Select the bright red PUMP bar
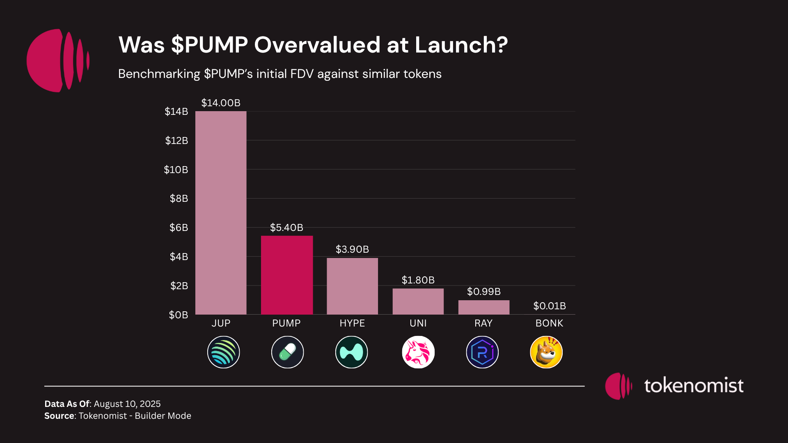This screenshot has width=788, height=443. [x=286, y=275]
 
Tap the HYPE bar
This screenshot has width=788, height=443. [x=352, y=286]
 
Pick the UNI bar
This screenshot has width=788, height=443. [x=418, y=301]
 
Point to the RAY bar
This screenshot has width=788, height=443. [x=483, y=307]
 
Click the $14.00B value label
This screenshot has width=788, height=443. [x=221, y=103]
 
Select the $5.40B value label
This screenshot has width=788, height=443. [x=286, y=228]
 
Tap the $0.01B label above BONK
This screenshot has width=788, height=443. [x=549, y=306]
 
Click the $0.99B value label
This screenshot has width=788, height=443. [x=483, y=292]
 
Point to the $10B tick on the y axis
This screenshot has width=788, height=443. [x=176, y=170]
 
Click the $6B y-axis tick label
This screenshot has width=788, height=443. [x=179, y=228]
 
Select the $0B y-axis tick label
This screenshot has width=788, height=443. [x=179, y=315]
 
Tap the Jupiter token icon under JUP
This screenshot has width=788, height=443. [x=223, y=352]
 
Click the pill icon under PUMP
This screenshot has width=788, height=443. [x=287, y=352]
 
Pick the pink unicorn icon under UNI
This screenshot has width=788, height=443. [x=418, y=352]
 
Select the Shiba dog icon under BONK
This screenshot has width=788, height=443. [x=546, y=352]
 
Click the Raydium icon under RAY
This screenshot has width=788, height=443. [x=482, y=352]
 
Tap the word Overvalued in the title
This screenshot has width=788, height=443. [x=317, y=45]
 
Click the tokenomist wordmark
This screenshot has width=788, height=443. [x=694, y=386]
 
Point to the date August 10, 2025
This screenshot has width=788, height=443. [x=127, y=404]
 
